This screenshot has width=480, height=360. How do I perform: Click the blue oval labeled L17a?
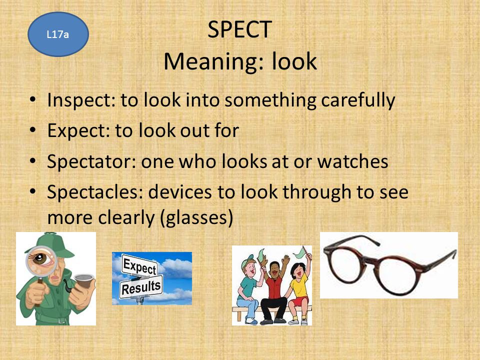58,34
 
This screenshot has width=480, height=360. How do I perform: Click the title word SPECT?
239,29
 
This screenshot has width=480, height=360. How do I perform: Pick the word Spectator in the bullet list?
91,161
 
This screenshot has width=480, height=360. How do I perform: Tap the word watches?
352,161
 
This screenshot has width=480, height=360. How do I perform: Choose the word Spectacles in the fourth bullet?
95,192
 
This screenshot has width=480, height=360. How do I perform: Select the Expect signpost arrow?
140,266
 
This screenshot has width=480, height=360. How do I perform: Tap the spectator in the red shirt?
274,291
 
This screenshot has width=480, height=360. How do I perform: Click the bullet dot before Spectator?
33,160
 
